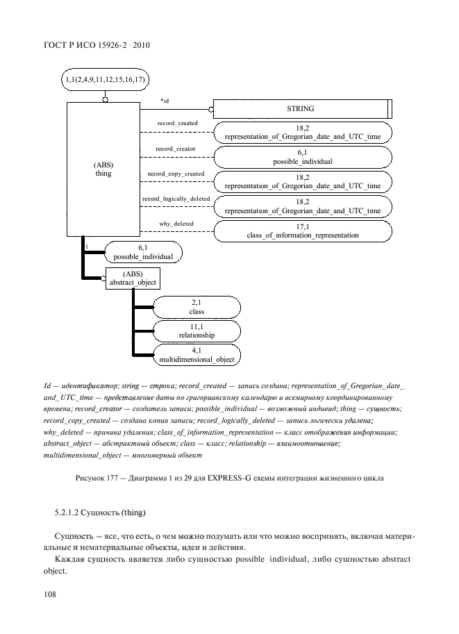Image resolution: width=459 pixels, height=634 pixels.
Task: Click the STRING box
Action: point(301,109)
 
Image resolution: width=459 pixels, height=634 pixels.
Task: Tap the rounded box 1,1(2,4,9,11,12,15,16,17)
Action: point(105,80)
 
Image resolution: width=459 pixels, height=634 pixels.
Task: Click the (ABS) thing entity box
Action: point(103,169)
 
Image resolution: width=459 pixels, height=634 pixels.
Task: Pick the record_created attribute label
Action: point(177,123)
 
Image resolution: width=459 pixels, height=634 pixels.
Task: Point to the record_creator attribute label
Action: point(175,149)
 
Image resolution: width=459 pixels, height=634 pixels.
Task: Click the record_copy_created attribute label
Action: point(176,174)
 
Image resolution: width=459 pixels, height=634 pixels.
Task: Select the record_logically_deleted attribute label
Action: point(176,199)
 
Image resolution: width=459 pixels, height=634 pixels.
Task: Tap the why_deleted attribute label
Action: point(176,224)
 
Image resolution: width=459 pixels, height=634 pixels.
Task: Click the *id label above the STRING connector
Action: point(165,101)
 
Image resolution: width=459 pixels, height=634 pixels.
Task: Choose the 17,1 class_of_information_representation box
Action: point(302,231)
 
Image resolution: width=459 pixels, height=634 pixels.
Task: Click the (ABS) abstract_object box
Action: point(132,278)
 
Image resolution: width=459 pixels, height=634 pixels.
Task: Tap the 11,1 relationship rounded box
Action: point(197,331)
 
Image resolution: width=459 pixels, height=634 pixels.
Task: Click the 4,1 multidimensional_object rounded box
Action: point(197,355)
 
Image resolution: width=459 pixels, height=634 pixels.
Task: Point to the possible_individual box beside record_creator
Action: point(302,156)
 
